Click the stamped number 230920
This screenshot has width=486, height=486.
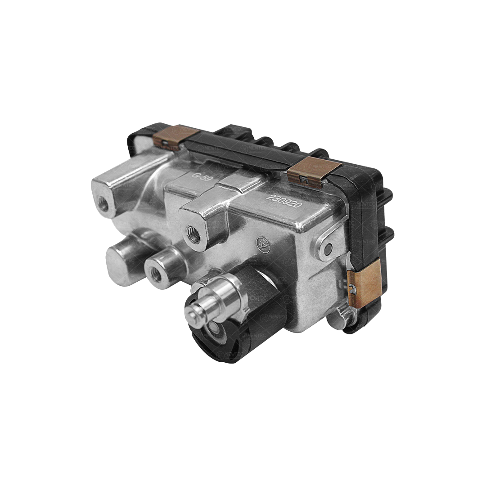(284, 201)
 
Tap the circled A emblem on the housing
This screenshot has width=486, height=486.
(262, 244)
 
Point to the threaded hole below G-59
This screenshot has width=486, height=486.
(194, 235)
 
